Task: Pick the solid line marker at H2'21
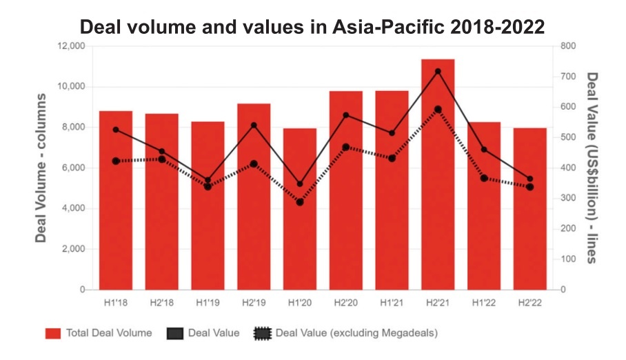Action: click(x=438, y=71)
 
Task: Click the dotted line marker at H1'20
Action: click(x=300, y=202)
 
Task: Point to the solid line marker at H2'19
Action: click(x=254, y=126)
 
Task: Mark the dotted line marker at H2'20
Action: click(x=346, y=147)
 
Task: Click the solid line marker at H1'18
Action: click(x=116, y=130)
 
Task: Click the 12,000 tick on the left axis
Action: click(x=71, y=46)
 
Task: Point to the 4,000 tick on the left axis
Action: click(x=74, y=208)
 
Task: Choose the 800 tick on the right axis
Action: click(x=568, y=46)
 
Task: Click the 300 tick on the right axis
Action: click(x=568, y=199)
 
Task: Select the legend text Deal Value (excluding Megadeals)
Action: click(x=356, y=333)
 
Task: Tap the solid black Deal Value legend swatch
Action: click(x=174, y=334)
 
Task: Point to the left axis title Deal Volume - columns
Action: click(x=41, y=168)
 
